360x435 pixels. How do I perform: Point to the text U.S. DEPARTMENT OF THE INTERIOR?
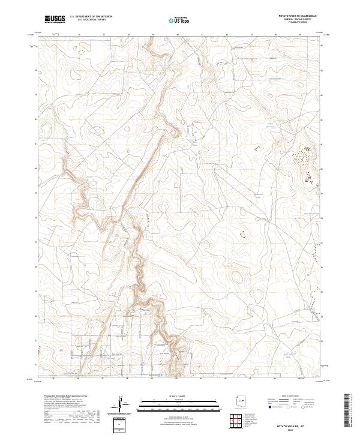[x=91, y=17]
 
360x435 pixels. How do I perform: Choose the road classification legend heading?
[x=290, y=397]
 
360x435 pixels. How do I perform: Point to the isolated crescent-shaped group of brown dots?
[x=243, y=235]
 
